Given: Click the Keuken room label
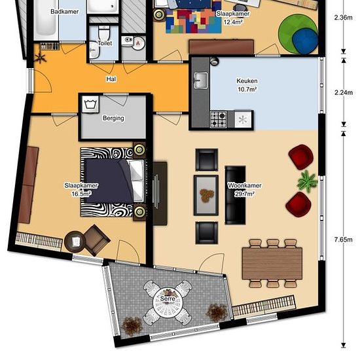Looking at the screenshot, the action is [x=247, y=81].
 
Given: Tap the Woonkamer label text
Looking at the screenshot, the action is [x=245, y=185].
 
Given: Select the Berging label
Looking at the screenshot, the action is [x=113, y=118].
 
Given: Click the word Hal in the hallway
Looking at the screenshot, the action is [x=111, y=79].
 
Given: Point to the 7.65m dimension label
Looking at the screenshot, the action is [x=344, y=240].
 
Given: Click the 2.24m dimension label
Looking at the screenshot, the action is [x=344, y=92].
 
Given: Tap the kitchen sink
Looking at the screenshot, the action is [x=201, y=80].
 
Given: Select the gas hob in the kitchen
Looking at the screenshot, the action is [x=219, y=119].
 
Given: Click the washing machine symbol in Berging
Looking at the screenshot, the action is [x=91, y=104].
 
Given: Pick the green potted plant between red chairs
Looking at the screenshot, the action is [x=307, y=181].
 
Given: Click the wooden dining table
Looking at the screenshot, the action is [x=272, y=263].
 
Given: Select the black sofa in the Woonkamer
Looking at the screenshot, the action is [x=235, y=195].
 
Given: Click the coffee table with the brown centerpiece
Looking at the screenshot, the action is [x=206, y=195].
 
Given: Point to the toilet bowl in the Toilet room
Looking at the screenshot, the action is [x=104, y=33].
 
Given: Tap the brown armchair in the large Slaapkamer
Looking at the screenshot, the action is [x=96, y=240].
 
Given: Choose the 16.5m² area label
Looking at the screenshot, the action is [x=82, y=194].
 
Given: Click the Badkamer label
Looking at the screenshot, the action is [x=65, y=12].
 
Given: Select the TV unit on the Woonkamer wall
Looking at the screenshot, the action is [x=160, y=194].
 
